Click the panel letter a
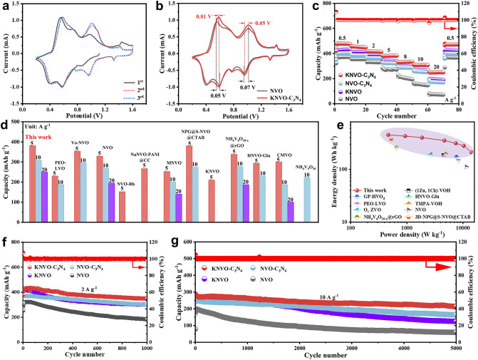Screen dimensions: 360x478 pos(5,5)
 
